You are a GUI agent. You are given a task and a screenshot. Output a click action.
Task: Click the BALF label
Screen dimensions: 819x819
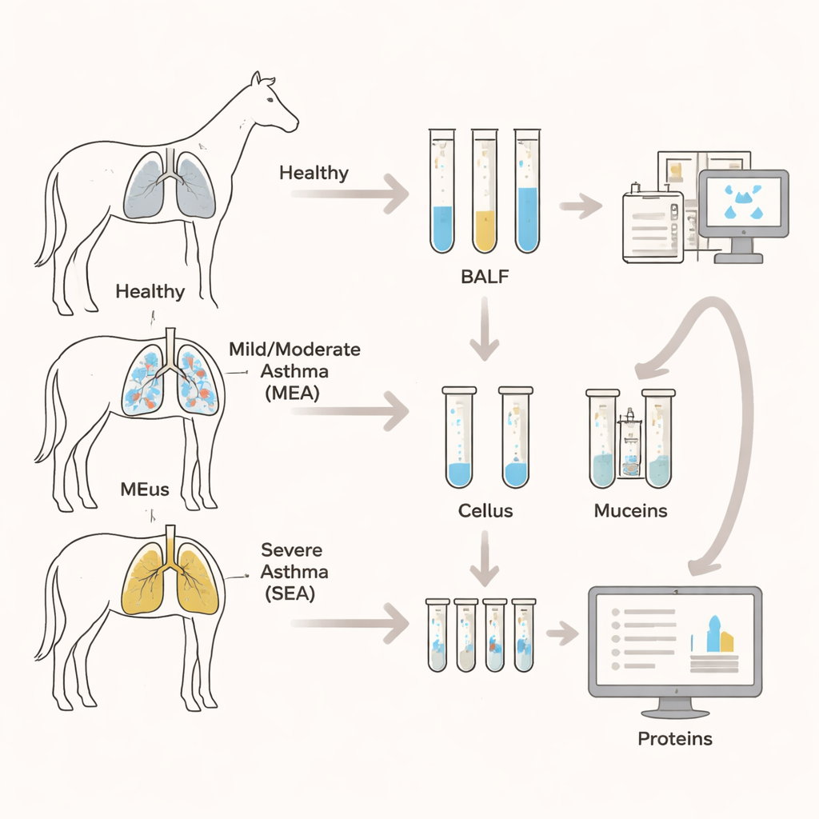pyautogui.click(x=485, y=278)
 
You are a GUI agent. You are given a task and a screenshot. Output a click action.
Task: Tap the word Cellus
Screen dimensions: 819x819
pyautogui.click(x=485, y=510)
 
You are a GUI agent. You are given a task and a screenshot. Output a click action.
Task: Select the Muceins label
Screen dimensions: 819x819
pyautogui.click(x=630, y=510)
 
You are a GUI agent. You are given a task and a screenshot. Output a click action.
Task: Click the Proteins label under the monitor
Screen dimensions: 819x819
pyautogui.click(x=674, y=738)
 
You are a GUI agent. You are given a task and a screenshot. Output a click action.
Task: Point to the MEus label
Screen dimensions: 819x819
pyautogui.click(x=144, y=489)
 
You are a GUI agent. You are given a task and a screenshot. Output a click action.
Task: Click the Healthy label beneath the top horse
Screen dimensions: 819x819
pyautogui.click(x=150, y=290)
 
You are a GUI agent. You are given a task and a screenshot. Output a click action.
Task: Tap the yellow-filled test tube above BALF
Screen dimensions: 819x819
pyautogui.click(x=485, y=192)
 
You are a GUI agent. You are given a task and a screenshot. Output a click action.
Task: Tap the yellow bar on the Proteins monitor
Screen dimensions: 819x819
pyautogui.click(x=726, y=641)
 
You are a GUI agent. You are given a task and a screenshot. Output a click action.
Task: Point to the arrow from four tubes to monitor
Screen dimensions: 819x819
pyautogui.click(x=562, y=633)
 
